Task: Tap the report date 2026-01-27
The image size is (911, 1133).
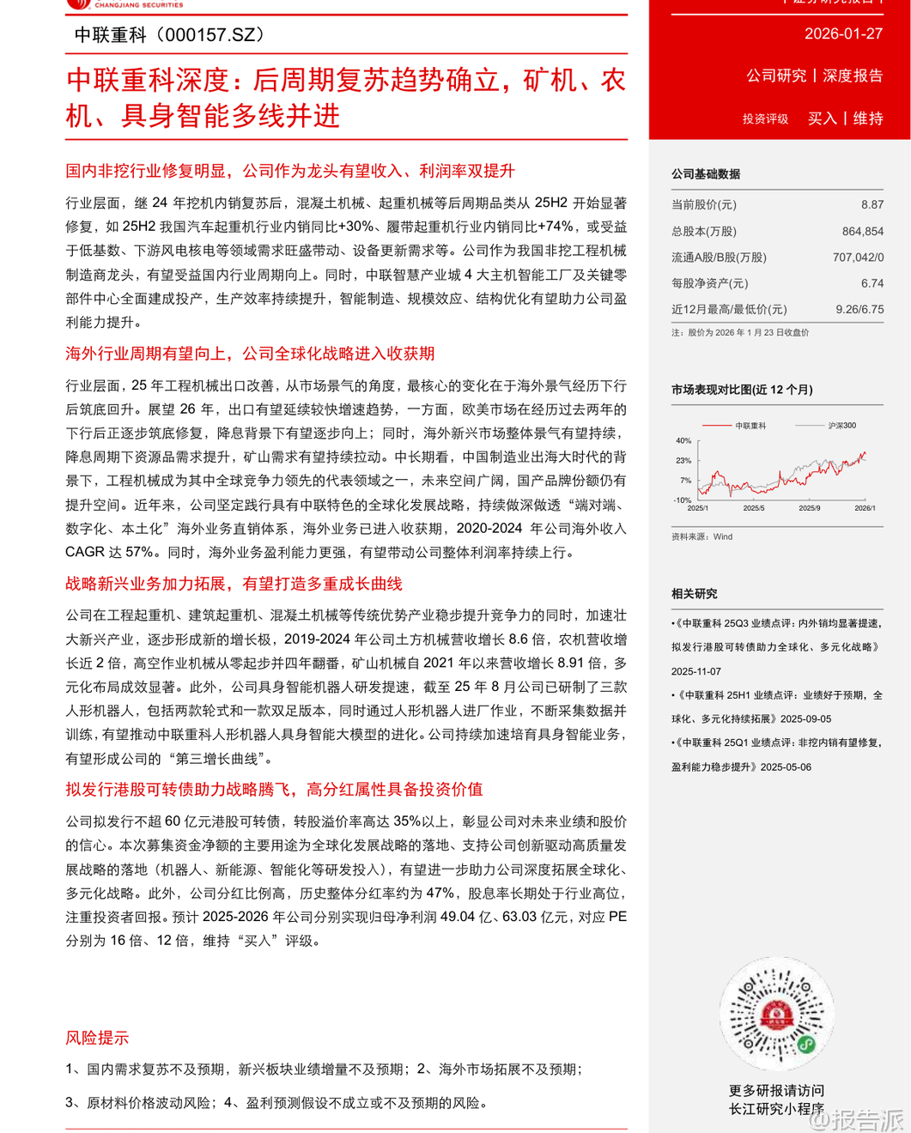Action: tap(843, 33)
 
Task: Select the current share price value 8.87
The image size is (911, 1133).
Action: tap(872, 204)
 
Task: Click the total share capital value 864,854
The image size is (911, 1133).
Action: tap(862, 231)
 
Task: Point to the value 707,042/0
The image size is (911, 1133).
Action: tap(857, 257)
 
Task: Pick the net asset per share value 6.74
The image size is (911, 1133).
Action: tap(872, 283)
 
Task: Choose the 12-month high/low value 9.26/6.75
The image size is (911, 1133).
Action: tap(859, 309)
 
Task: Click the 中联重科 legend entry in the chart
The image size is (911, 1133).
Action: tap(750, 426)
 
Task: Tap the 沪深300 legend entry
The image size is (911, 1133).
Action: tap(841, 426)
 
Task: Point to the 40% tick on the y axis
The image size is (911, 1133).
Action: tap(683, 441)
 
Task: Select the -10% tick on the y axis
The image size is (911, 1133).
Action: tap(683, 500)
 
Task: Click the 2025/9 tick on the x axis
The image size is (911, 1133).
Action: tap(809, 508)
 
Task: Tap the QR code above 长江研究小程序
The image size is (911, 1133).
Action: tap(777, 1014)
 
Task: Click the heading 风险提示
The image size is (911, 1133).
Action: tap(97, 1038)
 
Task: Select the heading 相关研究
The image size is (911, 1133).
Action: tap(694, 594)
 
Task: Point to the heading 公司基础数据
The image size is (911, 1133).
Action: tap(705, 174)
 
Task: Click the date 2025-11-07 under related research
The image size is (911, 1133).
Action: tap(696, 671)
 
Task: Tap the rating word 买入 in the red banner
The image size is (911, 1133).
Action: tap(822, 118)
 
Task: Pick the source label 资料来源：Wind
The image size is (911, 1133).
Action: tap(701, 536)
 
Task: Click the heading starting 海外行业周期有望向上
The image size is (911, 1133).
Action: tap(250, 354)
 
